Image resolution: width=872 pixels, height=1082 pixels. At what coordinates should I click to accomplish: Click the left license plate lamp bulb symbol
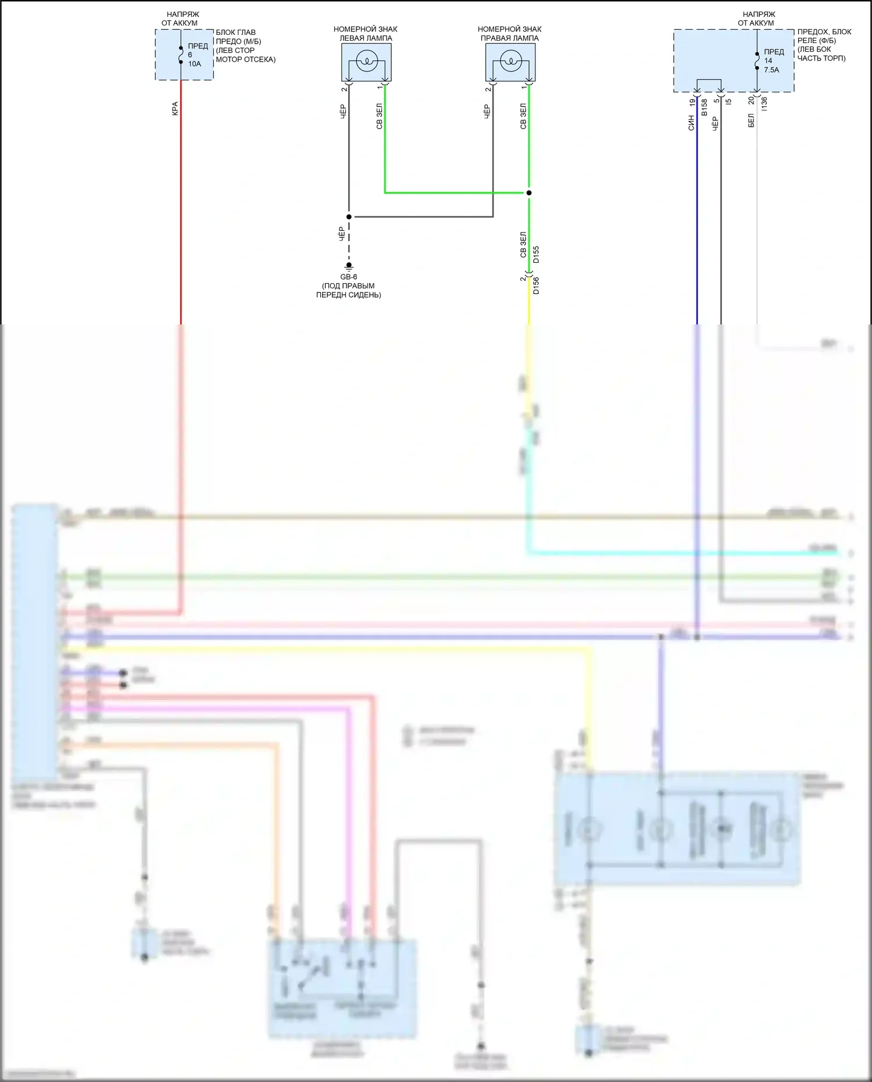pos(366,60)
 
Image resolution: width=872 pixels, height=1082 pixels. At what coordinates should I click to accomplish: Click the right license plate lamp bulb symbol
pos(510,60)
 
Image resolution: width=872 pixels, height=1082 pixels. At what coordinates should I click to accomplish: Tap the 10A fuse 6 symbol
pos(181,55)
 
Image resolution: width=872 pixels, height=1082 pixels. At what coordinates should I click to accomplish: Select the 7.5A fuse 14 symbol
pos(757,60)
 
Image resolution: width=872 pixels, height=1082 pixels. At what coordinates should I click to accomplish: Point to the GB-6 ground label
pos(349,277)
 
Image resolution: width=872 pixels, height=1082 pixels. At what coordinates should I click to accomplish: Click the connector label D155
pos(536,255)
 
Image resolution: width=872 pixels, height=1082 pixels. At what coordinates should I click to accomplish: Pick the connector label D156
pos(536,285)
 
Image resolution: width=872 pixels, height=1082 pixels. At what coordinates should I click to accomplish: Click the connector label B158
pos(705,107)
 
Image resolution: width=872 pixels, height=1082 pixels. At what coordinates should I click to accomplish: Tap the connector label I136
pos(764,104)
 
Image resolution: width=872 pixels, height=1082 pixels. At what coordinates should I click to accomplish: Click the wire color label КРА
pos(175,109)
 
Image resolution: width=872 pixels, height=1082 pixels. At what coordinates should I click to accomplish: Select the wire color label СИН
pos(691,122)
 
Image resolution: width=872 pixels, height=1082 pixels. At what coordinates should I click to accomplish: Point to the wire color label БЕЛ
pos(751,121)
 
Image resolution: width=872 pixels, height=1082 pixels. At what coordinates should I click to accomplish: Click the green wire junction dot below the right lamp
pos(529,192)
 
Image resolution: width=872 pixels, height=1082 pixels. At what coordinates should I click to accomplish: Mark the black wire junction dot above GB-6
pos(349,217)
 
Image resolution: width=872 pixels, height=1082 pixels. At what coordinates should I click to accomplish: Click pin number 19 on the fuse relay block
pos(692,102)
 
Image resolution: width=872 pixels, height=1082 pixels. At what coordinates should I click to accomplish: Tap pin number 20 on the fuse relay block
pos(751,101)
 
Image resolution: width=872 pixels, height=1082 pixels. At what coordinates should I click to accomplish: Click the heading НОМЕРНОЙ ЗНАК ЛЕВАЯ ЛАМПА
pos(366,34)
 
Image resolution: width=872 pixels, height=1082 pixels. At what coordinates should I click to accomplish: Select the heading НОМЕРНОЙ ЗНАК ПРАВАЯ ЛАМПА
pos(510,34)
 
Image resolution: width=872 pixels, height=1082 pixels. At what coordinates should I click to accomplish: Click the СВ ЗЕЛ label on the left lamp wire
pos(379,116)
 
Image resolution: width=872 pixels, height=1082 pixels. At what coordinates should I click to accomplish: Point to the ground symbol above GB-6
pos(349,267)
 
